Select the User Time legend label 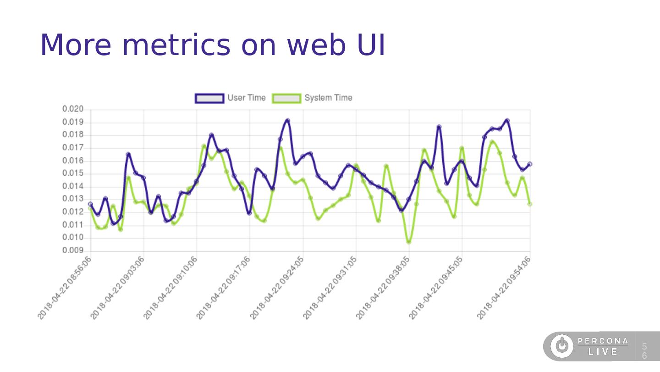click(246, 98)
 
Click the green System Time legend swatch click(287, 98)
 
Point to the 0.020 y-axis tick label click(73, 109)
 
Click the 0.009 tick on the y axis click(73, 250)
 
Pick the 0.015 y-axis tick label click(73, 173)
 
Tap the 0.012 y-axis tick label click(73, 212)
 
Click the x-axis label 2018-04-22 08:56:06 click(65, 288)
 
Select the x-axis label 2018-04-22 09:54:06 click(505, 288)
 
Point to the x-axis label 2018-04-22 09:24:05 click(277, 288)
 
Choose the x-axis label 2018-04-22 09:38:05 click(383, 288)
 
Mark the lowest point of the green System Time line click(408, 242)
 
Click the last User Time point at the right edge click(530, 164)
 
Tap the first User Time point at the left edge click(90, 204)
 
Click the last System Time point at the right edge click(530, 204)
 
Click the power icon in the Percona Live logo click(561, 346)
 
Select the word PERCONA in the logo click(603, 341)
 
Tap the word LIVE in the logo click(603, 352)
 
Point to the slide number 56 click(644, 351)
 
